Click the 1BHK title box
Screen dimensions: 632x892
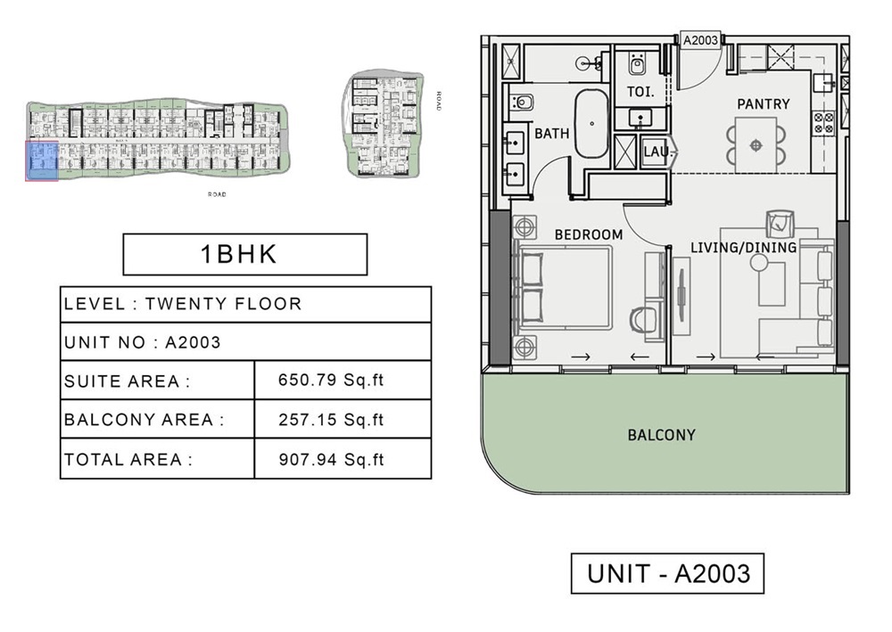244,254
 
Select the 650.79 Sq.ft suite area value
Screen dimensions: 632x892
331,381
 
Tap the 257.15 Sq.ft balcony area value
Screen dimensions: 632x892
331,419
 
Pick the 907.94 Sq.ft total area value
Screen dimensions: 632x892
331,460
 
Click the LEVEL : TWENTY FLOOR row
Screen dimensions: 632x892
245,304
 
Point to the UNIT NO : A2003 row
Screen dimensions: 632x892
245,341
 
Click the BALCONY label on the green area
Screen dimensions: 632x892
661,435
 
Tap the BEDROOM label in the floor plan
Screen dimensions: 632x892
589,234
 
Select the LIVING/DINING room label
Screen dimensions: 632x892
744,247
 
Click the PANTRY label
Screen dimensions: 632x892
763,104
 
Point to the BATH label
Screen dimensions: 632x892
551,134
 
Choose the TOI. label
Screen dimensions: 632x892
640,92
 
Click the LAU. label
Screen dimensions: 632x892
656,152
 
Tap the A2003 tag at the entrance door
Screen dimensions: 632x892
700,40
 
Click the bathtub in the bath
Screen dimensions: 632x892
591,123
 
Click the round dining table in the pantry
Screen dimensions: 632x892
756,144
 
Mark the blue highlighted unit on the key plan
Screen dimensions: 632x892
42,160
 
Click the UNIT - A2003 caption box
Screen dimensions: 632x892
667,574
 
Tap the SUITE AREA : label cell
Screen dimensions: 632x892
157,381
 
